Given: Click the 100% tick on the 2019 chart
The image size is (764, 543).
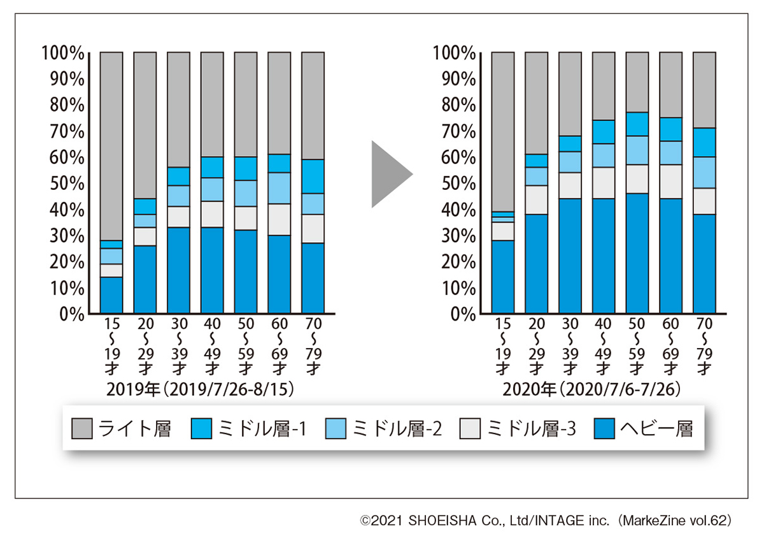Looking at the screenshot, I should point(63,52).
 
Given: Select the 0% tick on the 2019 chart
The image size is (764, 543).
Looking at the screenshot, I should point(71,314).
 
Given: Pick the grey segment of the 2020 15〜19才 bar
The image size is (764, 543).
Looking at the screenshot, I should point(503,131).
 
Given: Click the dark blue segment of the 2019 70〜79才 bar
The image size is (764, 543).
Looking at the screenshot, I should point(313,278).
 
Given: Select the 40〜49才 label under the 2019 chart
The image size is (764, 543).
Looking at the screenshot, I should point(212,347).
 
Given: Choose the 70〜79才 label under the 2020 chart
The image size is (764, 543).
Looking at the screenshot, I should point(704,347).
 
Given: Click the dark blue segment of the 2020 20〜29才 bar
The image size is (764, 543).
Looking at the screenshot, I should point(536,263).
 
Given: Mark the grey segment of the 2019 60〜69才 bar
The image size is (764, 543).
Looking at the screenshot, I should point(279,102).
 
